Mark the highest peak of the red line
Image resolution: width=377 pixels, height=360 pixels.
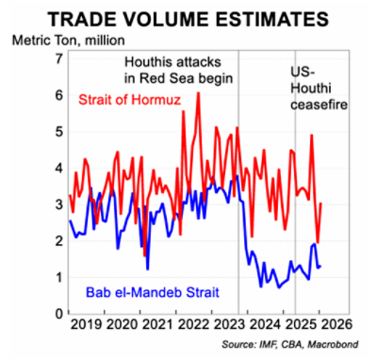click(198, 93)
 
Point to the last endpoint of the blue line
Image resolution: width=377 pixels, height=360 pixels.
click(320, 267)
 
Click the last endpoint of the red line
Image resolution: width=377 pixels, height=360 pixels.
click(321, 204)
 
